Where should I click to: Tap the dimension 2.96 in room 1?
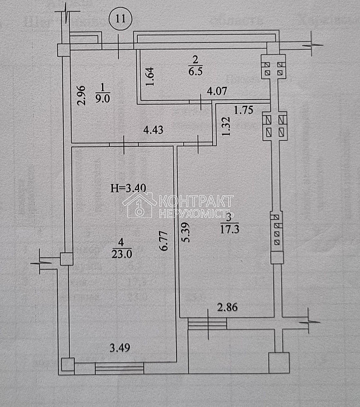point(80,95)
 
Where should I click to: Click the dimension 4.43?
point(155,129)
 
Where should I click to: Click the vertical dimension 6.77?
point(162,244)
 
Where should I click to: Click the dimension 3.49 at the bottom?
point(120,347)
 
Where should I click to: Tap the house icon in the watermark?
point(138,205)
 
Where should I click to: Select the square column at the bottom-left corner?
point(66,365)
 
